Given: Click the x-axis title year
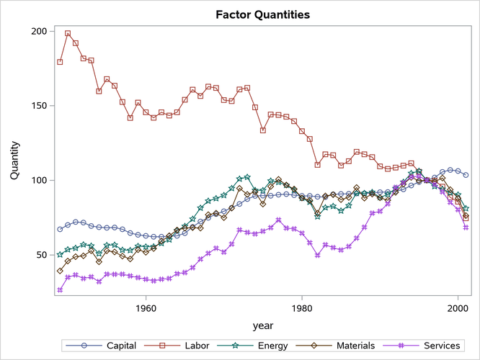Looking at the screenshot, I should tap(262, 325).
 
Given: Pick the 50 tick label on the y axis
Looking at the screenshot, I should tap(40, 255).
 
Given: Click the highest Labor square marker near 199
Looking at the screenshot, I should tap(68, 33).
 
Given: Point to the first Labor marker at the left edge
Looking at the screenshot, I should tap(60, 62).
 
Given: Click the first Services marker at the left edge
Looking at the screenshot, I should tap(60, 290).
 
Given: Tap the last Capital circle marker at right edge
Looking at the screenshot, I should tap(466, 175).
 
